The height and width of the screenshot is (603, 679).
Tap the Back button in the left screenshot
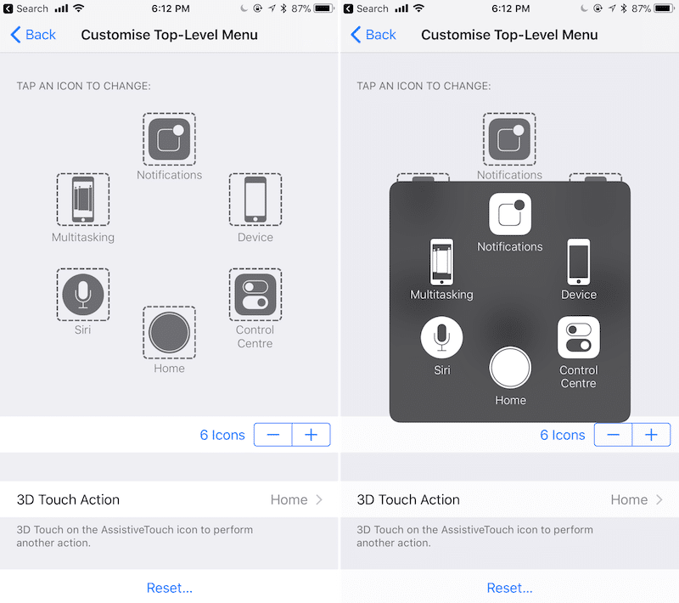pos(33,35)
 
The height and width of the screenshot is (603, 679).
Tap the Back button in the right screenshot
pos(373,35)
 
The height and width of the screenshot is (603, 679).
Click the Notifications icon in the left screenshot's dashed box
pos(169,139)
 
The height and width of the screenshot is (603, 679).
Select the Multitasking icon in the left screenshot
pos(83,200)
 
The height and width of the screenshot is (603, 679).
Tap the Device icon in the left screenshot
pos(255,200)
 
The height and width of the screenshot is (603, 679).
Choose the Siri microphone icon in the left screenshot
pos(83,295)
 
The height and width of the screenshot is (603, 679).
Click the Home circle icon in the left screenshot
pos(169,332)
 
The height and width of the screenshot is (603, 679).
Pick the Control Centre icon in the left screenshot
pos(255,295)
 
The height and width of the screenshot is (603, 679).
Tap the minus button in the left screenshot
pos(273,435)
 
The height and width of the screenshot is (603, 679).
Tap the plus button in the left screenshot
pos(311,435)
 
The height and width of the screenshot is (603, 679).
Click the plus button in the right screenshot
pos(651,435)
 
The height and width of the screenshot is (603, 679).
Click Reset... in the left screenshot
pos(169,588)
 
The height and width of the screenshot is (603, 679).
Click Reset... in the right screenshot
pos(510,588)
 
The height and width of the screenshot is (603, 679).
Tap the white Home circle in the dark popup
pos(510,368)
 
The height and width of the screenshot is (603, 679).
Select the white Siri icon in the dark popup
pos(441,337)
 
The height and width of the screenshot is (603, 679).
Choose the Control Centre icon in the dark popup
pos(579,337)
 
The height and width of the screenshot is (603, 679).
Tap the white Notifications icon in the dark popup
pos(510,214)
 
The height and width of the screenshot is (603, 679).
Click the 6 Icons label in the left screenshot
pos(222,435)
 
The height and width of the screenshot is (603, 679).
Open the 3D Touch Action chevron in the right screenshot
pos(659,499)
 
